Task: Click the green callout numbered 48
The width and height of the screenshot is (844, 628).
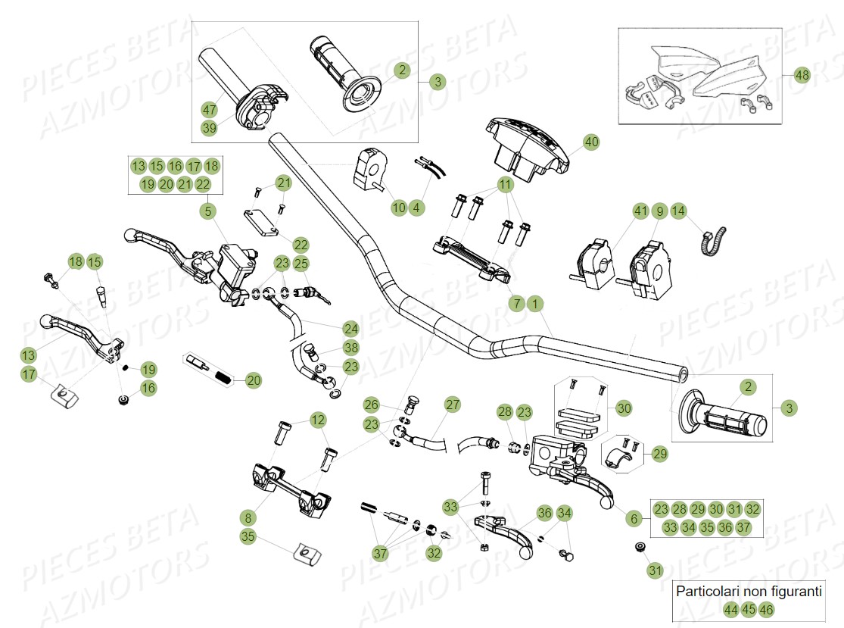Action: (x=802, y=75)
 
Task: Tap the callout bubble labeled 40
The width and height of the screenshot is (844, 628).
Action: (x=590, y=142)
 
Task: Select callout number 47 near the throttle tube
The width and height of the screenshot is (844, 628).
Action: (x=210, y=110)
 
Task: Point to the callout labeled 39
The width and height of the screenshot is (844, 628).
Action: (x=210, y=129)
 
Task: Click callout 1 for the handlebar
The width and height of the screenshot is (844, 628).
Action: (x=535, y=304)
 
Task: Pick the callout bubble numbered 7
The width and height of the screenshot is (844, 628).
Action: (x=517, y=304)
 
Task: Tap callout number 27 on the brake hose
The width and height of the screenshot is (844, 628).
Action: (x=452, y=405)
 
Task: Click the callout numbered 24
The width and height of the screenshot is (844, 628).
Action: (x=350, y=329)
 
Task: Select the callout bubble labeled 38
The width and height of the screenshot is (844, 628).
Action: (x=350, y=348)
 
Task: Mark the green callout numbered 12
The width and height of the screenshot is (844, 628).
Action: (x=317, y=419)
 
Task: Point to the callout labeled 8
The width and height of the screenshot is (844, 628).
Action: (x=248, y=518)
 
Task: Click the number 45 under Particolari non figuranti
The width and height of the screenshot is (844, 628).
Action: (x=749, y=609)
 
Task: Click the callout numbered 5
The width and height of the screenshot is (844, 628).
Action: (x=207, y=211)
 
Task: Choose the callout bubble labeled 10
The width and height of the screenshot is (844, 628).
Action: (x=398, y=207)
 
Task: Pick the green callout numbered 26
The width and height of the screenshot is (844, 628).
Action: (x=371, y=405)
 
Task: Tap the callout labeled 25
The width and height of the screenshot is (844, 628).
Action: (x=301, y=264)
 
